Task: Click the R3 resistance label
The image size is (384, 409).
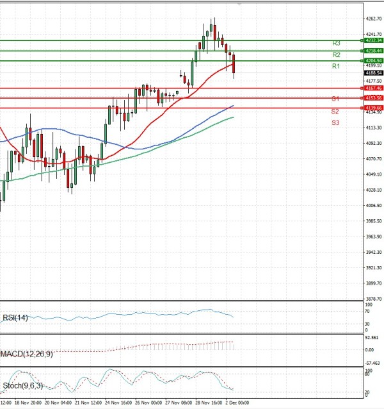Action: (x=336, y=43)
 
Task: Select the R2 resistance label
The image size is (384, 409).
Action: (x=336, y=55)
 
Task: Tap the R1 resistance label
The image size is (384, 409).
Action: (x=335, y=66)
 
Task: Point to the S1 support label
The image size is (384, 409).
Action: (x=335, y=99)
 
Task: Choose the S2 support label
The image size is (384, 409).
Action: (x=335, y=112)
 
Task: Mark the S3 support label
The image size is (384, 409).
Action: (x=335, y=122)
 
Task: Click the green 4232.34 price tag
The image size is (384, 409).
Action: (x=374, y=40)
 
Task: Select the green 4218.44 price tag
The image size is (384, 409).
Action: (x=374, y=50)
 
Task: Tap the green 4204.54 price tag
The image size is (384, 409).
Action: (x=374, y=60)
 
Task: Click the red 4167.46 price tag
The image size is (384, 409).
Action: (x=374, y=88)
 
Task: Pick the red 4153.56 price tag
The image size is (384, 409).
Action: (x=374, y=98)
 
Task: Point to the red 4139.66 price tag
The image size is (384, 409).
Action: (x=374, y=108)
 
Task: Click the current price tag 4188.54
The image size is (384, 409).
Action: (x=374, y=73)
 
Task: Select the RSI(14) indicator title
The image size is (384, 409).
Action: (x=15, y=317)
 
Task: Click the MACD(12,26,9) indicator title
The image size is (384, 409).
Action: (x=26, y=353)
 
